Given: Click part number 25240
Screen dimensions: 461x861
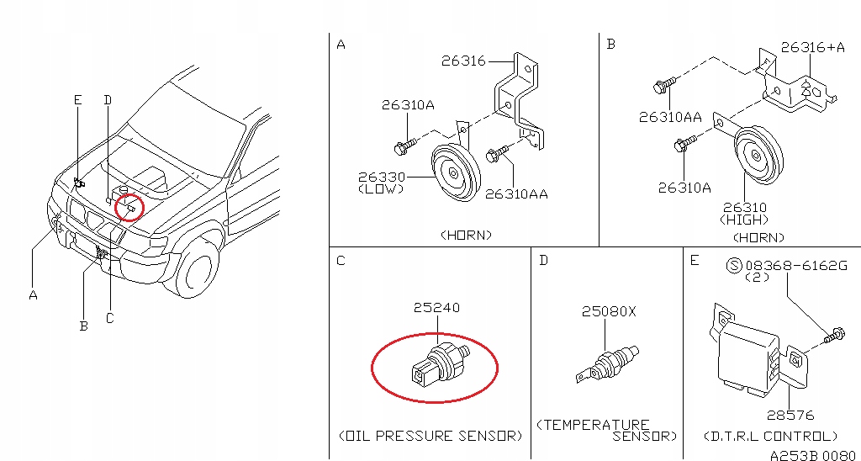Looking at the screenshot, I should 436,309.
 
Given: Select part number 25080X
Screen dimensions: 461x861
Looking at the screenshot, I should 609,312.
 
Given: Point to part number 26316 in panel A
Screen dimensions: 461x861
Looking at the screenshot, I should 463,61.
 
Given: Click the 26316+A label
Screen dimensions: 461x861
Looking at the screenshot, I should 812,48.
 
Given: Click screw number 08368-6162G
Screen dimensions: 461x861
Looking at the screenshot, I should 795,267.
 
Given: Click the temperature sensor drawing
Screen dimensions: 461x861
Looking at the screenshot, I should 606,363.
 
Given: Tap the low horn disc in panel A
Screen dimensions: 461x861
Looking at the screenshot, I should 455,172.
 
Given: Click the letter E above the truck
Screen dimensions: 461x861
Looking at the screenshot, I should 77,100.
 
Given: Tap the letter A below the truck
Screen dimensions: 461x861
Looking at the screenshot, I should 33,294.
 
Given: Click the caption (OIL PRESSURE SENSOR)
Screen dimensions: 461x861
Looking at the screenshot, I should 430,436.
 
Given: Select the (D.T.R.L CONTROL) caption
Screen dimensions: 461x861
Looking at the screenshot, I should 770,436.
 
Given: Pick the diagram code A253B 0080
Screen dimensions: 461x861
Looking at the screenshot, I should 814,454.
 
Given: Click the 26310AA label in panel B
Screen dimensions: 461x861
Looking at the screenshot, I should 669,117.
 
